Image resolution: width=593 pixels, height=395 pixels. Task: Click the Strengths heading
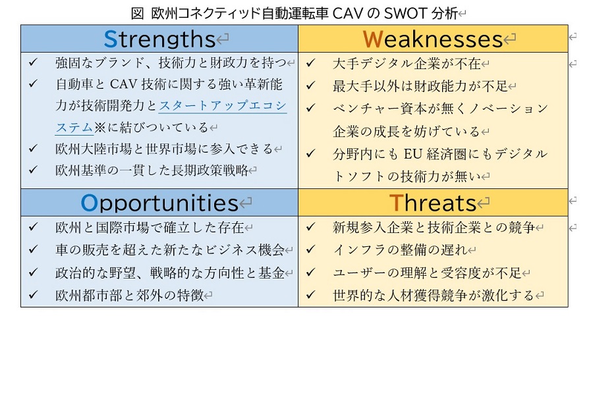[159, 39]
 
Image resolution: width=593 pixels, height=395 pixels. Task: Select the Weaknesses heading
[433, 39]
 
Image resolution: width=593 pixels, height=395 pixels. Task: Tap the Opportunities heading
[159, 203]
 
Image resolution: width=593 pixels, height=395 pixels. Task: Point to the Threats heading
[433, 203]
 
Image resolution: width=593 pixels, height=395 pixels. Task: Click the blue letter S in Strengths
[111, 39]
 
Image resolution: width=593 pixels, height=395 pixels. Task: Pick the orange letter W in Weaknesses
[373, 39]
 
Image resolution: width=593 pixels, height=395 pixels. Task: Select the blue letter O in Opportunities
[90, 203]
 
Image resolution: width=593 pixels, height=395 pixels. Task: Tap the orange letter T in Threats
[395, 203]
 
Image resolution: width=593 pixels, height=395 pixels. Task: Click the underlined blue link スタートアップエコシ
[223, 105]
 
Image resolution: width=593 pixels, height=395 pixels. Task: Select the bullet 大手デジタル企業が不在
[407, 63]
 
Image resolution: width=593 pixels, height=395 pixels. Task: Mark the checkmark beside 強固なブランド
[34, 63]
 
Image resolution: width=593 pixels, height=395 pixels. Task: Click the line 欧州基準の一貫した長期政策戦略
[152, 170]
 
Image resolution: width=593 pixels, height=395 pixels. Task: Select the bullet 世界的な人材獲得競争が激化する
[433, 296]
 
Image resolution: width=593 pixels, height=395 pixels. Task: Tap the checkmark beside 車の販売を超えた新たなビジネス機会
[34, 251]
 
